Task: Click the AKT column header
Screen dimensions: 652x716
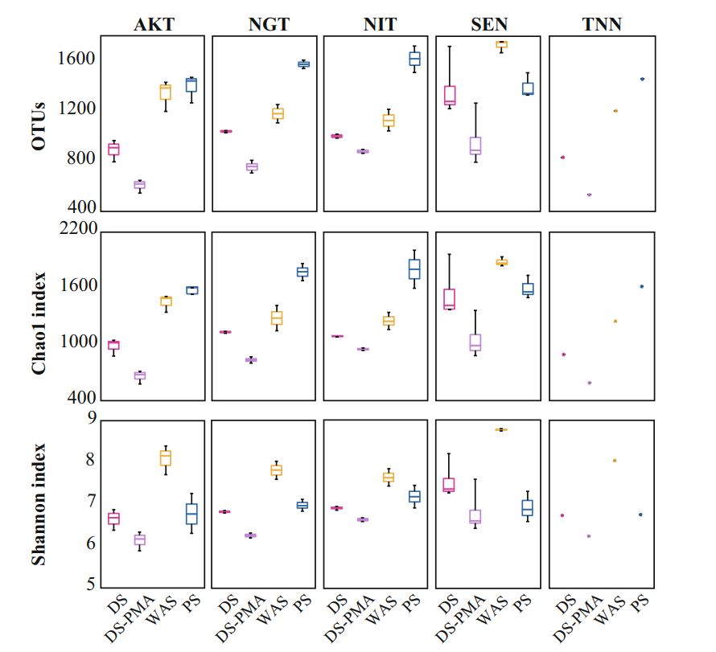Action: point(153,23)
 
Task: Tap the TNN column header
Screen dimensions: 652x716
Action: point(603,23)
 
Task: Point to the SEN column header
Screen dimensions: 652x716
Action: point(491,23)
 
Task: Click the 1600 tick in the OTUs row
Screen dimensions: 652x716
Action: point(77,59)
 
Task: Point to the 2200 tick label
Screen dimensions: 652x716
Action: point(77,230)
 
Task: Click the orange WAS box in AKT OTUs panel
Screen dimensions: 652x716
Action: point(166,92)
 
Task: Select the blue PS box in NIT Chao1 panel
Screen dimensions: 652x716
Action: point(414,269)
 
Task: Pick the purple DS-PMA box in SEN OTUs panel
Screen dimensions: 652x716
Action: point(475,146)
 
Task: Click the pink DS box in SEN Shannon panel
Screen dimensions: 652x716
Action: point(449,485)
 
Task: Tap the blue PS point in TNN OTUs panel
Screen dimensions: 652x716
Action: point(642,79)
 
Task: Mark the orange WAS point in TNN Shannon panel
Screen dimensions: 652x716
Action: point(615,461)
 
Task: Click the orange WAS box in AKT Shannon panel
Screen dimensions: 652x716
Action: point(166,457)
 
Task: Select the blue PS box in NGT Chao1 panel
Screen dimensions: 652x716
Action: point(302,272)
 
